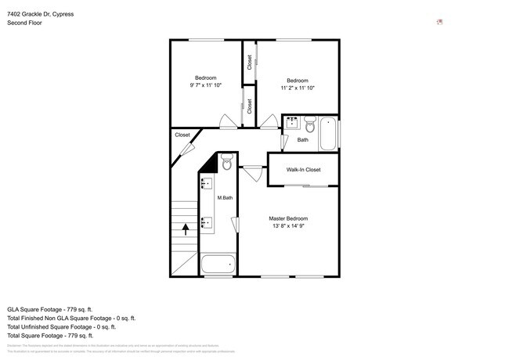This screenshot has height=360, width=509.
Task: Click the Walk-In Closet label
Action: coord(303,170)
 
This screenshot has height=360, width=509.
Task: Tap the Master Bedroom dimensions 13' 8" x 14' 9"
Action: coord(288,226)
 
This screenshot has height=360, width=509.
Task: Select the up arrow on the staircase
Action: coord(186,229)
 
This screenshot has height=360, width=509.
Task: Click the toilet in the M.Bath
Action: coord(226,163)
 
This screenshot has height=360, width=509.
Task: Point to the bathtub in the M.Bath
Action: coord(218,265)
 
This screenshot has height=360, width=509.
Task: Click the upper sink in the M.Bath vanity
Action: coord(208,185)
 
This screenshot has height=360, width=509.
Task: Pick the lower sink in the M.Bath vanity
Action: coord(208,223)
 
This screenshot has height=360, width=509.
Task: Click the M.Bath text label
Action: coord(225,198)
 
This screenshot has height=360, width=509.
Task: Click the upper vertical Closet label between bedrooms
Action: coord(250,62)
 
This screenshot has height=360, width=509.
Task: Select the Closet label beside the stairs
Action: coord(182,135)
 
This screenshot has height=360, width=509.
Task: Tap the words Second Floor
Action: coord(25,23)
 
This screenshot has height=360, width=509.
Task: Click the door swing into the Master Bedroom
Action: coord(254,173)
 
